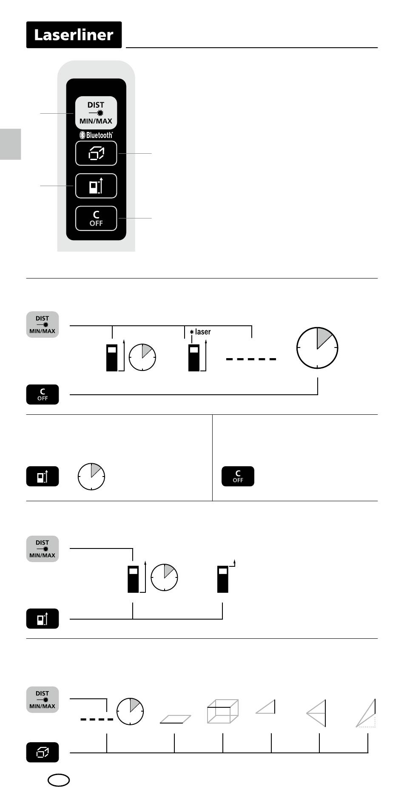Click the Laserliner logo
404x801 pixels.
74,35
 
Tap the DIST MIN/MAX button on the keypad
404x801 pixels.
96,113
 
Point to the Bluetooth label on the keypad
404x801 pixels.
97,135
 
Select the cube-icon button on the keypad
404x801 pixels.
96,153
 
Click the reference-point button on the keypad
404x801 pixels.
96,186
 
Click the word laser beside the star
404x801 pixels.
203,332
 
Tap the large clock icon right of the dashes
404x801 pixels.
317,347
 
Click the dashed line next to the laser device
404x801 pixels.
251,359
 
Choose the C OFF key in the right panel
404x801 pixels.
238,476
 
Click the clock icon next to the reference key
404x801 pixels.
91,476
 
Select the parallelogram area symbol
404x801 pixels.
175,719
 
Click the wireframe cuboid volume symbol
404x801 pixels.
222,711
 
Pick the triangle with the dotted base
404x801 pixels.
367,714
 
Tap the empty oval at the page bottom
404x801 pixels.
59,780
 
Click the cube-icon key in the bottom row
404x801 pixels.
43,752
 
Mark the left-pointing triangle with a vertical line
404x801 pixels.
317,713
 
